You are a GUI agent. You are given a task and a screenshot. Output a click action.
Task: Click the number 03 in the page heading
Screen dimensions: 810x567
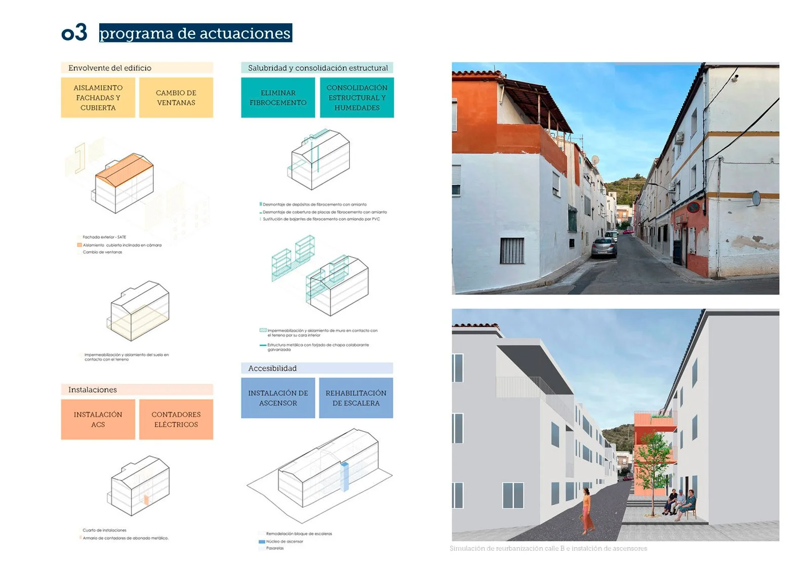point(74,33)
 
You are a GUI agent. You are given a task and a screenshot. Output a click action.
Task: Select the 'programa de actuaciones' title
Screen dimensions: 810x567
point(195,33)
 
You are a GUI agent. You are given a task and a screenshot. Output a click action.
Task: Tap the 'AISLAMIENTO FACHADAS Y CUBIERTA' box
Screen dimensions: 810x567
point(98,98)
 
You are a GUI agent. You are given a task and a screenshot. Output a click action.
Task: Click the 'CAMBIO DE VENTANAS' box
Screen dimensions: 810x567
point(176,98)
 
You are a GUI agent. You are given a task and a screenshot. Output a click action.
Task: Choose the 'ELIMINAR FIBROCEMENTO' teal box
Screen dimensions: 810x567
point(278,98)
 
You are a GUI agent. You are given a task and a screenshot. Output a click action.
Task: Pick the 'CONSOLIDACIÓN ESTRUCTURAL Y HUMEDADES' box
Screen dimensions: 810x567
point(356,98)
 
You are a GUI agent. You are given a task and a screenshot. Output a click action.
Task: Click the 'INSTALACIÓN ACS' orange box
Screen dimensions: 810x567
point(98,419)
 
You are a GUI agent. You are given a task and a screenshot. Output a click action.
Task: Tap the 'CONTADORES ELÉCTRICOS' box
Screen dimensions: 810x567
point(176,419)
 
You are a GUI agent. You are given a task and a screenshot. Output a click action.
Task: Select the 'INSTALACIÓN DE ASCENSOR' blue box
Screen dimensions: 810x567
point(278,398)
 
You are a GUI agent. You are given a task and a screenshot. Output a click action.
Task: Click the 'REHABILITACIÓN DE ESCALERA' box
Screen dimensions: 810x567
point(356,398)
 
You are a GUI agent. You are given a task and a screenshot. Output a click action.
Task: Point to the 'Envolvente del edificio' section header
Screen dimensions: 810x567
point(110,68)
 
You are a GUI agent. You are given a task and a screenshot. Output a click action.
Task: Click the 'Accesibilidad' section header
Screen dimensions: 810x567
point(272,368)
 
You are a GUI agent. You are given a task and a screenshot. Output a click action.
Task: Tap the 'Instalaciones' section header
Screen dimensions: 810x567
point(93,389)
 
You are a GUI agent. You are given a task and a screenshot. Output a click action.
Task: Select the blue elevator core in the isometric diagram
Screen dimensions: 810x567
point(345,476)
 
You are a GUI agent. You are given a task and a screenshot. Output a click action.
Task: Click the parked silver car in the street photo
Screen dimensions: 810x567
point(604,248)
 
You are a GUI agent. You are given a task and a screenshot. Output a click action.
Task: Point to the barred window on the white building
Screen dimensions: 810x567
point(512,251)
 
